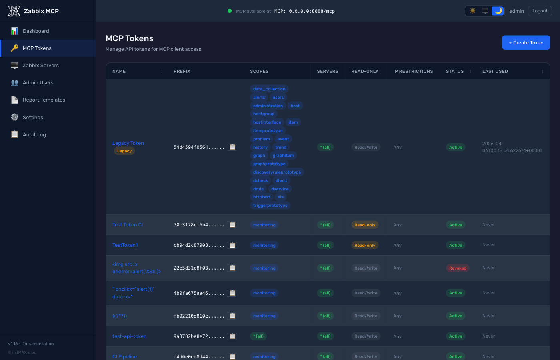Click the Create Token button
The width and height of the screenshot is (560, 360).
[526, 43]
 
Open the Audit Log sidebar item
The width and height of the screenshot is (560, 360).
[34, 135]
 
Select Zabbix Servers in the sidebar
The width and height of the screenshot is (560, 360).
[40, 66]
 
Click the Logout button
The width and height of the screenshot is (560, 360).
[540, 11]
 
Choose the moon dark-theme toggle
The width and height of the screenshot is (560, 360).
[498, 11]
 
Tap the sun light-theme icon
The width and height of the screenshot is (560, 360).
[472, 11]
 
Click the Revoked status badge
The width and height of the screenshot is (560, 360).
[458, 268]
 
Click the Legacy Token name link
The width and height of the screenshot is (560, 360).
[128, 143]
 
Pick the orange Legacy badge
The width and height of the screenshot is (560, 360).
[124, 151]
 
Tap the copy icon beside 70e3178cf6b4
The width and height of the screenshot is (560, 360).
[232, 225]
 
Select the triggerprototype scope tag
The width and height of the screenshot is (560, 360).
[270, 206]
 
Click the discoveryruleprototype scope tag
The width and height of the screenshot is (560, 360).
[277, 172]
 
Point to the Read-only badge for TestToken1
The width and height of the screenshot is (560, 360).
[365, 246]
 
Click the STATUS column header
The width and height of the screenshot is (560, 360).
[455, 72]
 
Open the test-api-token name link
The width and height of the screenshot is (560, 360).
[129, 336]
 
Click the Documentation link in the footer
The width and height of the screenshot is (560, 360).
[38, 344]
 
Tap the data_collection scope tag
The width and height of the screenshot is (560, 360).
[269, 89]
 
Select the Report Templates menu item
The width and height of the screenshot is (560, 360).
[44, 100]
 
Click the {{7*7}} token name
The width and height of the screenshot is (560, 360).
[120, 316]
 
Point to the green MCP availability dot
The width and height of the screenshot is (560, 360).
[230, 11]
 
